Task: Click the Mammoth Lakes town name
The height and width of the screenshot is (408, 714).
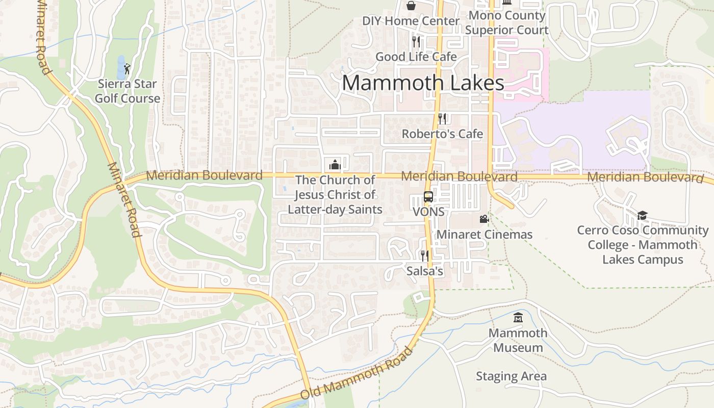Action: coord(423,83)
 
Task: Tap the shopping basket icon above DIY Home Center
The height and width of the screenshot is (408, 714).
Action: coord(411,6)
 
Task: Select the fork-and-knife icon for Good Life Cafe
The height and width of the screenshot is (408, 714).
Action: coord(416,42)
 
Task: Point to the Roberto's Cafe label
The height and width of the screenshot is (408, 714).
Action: coord(442,134)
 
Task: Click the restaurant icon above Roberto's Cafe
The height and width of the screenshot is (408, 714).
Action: coord(442,119)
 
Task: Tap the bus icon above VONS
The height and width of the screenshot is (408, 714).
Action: coord(428,197)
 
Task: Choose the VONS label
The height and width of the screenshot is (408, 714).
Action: coord(428,212)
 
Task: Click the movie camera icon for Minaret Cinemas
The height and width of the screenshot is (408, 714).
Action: coord(484,219)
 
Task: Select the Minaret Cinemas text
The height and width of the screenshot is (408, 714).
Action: coord(484,235)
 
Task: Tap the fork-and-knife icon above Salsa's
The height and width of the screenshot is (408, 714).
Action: coord(424,256)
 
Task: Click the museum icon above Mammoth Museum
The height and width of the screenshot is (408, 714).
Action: coord(518,318)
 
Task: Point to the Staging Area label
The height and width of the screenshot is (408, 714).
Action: coord(511,376)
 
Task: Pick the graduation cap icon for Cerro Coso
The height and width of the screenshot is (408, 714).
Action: coord(642,215)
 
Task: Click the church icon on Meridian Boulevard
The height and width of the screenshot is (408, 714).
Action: coord(335,164)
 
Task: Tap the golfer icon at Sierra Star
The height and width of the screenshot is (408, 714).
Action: coord(127,68)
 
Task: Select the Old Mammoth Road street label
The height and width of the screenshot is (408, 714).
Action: coord(356,374)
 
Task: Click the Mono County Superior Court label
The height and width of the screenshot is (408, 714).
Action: coord(506,23)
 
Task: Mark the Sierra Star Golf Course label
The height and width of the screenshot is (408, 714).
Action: coord(127,91)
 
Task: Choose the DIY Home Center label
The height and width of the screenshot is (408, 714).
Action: coord(411,21)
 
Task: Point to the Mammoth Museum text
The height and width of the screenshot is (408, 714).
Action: coord(518,341)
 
